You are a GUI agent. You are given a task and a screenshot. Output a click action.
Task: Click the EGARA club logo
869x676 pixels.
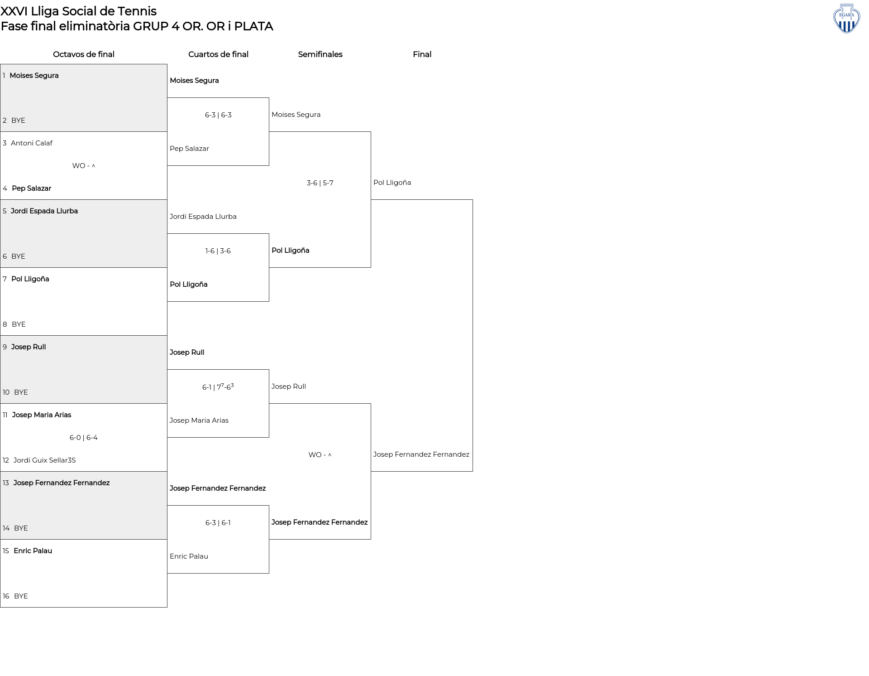(846, 19)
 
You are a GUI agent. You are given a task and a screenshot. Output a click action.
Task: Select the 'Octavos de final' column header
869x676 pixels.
(84, 54)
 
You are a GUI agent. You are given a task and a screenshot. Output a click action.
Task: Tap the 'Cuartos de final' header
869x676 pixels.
(218, 54)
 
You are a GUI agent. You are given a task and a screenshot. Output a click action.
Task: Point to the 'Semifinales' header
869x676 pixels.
(320, 54)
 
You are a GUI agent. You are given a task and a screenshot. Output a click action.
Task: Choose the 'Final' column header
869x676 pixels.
(422, 54)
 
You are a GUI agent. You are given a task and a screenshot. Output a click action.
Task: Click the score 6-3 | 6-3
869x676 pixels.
(218, 115)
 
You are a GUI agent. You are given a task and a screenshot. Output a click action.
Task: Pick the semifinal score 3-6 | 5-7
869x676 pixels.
(320, 183)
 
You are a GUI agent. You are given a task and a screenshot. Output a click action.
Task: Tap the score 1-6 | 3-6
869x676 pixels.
(218, 251)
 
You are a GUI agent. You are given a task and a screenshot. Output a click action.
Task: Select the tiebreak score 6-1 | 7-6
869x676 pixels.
(218, 387)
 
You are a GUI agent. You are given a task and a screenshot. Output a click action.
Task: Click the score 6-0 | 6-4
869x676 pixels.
(84, 438)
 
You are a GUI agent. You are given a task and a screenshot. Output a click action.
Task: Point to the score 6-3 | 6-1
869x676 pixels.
(218, 523)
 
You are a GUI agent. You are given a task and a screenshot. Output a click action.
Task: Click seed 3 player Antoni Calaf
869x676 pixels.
(32, 143)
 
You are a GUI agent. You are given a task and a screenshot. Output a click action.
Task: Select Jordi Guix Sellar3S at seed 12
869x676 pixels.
(44, 460)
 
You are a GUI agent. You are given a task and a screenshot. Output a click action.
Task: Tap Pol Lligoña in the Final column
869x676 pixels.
(392, 183)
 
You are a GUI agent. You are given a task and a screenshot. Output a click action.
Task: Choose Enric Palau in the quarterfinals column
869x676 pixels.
(189, 556)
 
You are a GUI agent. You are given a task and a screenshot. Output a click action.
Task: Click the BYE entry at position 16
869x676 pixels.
(21, 596)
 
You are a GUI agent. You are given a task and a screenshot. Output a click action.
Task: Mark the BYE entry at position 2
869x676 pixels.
(18, 121)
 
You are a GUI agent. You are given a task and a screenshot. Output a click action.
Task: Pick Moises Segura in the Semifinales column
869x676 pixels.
(296, 115)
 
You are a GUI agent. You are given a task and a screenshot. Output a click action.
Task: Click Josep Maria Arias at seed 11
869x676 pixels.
(42, 415)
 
